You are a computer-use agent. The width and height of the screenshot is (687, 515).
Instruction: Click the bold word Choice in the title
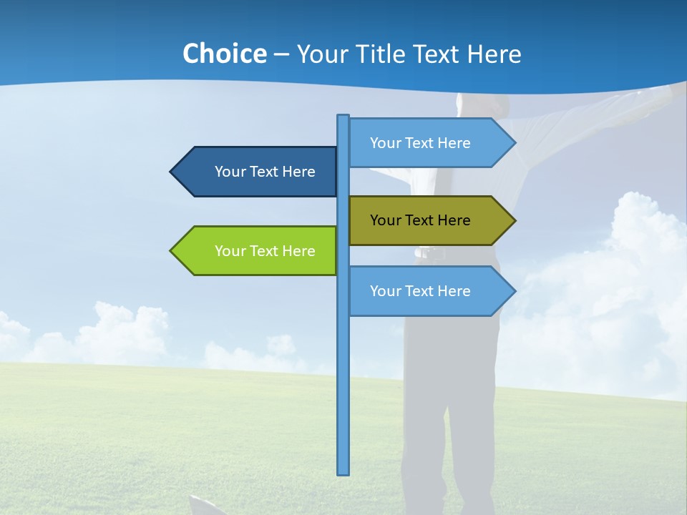[x=224, y=54]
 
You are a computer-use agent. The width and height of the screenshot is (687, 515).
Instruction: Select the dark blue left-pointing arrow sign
[x=258, y=172]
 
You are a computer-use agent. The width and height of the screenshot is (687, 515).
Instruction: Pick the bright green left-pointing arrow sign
[x=258, y=251]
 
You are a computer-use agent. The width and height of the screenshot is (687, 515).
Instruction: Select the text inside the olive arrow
[x=420, y=220]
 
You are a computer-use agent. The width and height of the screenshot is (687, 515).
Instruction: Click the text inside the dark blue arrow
[x=265, y=172]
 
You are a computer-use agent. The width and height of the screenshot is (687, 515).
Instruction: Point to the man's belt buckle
[x=427, y=252]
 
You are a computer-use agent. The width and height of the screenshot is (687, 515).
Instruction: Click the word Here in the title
[x=494, y=54]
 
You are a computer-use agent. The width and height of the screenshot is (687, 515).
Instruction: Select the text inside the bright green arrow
[x=265, y=251]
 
